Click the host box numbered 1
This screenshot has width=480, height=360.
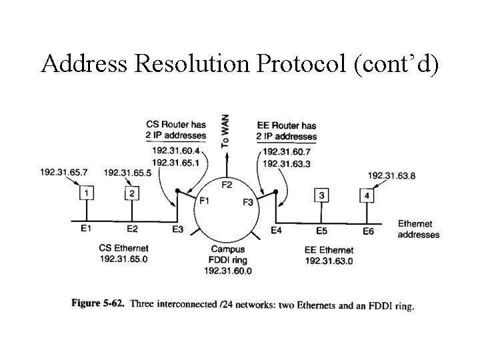click(x=86, y=193)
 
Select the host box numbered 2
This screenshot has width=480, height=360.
click(x=132, y=193)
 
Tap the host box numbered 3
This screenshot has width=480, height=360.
click(x=322, y=195)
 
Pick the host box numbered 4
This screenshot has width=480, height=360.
click(x=367, y=195)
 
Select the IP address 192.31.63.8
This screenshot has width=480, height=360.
click(x=392, y=176)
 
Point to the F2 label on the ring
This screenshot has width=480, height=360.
click(x=227, y=184)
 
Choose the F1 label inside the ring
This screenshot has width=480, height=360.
click(x=205, y=199)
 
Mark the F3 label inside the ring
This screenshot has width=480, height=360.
click(x=247, y=201)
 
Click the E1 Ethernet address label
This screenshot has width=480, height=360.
click(x=86, y=228)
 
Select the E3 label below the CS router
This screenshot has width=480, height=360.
click(x=177, y=231)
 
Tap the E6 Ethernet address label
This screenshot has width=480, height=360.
click(x=369, y=231)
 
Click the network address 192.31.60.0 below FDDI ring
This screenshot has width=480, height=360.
click(x=227, y=271)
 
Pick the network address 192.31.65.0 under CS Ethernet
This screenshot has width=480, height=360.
click(x=123, y=259)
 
